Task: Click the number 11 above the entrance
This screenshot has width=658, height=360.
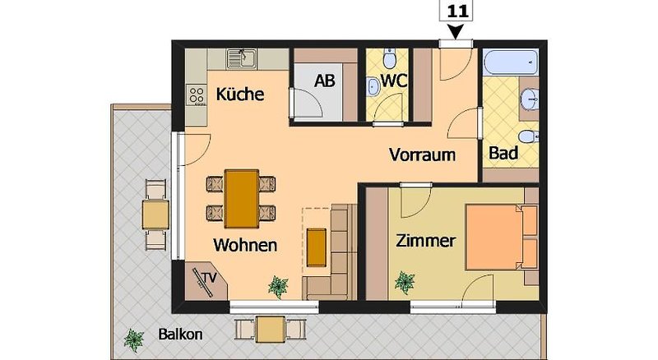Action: tap(457, 11)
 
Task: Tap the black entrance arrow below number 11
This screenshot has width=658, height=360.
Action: tap(456, 31)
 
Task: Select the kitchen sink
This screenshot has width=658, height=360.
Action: tap(242, 58)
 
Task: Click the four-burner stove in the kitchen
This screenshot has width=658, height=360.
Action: tap(197, 95)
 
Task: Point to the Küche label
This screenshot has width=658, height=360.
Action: tap(240, 94)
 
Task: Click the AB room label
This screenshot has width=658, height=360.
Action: tap(325, 81)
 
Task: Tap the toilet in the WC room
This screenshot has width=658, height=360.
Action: tap(390, 58)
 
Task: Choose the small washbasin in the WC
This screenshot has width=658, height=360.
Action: tap(373, 86)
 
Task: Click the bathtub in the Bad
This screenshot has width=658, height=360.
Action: tap(510, 62)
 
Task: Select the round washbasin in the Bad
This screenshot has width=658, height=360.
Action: tap(530, 99)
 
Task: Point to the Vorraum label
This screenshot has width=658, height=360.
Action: tap(422, 155)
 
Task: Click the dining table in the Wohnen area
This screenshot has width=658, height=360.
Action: tap(241, 199)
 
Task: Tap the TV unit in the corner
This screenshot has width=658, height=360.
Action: tap(206, 281)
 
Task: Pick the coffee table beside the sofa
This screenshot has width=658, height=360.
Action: tap(317, 247)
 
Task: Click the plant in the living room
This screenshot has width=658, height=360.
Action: tap(278, 287)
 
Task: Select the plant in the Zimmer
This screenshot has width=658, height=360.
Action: tap(405, 283)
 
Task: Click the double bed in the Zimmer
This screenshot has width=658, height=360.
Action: tap(502, 237)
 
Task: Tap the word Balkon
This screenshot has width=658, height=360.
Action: tap(180, 335)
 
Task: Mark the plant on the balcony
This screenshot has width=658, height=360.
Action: tap(134, 340)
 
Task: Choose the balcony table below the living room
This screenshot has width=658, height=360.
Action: tap(271, 330)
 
